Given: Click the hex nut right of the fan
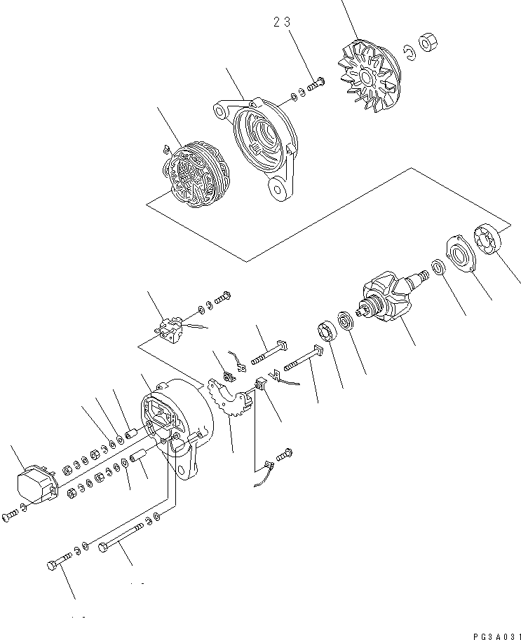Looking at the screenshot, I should [428, 44].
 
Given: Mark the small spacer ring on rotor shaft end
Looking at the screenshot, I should [436, 267].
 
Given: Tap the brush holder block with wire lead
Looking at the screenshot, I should [168, 327].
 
